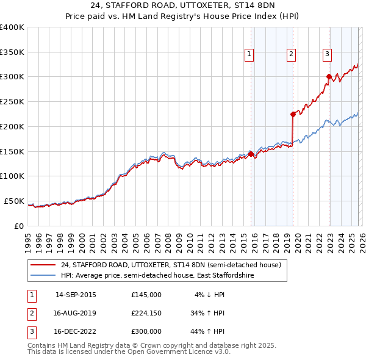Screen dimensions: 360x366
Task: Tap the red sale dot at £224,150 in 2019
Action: tap(293, 113)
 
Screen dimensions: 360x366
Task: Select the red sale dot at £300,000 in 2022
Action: tap(329, 76)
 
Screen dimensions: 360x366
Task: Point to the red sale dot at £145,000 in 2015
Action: tap(251, 154)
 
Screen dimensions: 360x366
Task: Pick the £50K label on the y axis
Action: tap(14, 201)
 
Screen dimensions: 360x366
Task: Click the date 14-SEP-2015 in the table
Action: tap(76, 295)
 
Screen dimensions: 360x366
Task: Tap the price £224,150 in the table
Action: tap(146, 313)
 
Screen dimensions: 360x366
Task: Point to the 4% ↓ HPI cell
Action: tap(210, 295)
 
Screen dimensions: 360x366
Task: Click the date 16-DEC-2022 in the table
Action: tap(76, 331)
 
